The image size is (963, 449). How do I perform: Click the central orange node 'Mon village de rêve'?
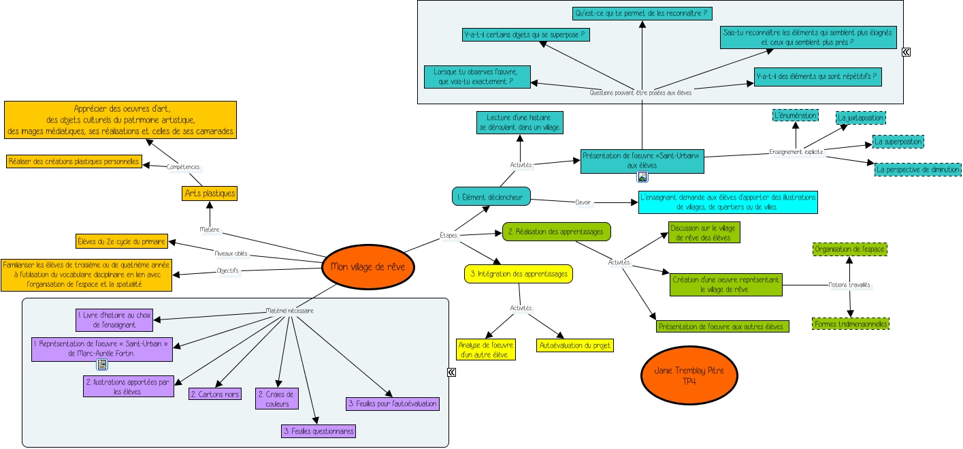[x=368, y=266]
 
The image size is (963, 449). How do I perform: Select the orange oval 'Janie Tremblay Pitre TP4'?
[x=689, y=376]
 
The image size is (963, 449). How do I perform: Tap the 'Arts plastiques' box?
[x=210, y=193]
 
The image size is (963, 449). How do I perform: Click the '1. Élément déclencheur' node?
[x=491, y=197]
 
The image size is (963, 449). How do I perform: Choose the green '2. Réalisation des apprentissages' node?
[x=556, y=232]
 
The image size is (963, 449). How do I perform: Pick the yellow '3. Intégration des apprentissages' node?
[x=518, y=274]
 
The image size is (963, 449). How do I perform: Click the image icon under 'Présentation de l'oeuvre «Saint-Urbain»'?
[x=642, y=177]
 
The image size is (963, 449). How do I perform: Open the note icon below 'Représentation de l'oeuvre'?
[x=102, y=365]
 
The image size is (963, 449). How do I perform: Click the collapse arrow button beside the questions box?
[x=906, y=52]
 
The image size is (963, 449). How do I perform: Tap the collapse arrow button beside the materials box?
[x=451, y=372]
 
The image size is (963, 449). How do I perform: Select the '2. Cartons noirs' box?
[x=215, y=394]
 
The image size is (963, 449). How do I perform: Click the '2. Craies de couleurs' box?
[x=277, y=399]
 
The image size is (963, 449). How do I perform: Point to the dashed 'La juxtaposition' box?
[x=861, y=118]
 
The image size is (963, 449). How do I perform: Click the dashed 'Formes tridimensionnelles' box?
[x=851, y=324]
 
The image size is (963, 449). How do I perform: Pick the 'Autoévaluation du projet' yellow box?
[x=575, y=346]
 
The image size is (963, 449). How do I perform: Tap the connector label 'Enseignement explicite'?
[x=796, y=152]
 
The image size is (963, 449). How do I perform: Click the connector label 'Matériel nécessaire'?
[x=289, y=311]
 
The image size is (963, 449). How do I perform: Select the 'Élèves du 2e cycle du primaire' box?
[x=121, y=241]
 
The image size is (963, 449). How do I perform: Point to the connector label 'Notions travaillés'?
[x=849, y=285]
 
